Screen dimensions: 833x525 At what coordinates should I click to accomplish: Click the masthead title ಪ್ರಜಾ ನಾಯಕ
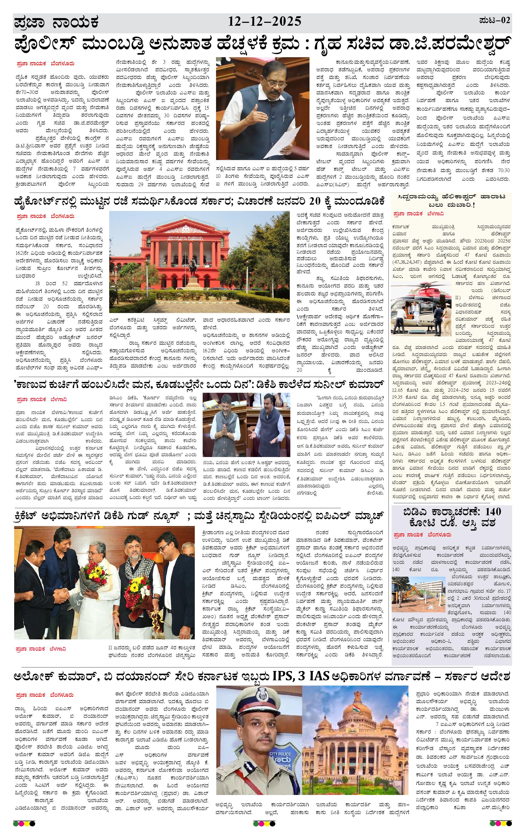56,23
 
